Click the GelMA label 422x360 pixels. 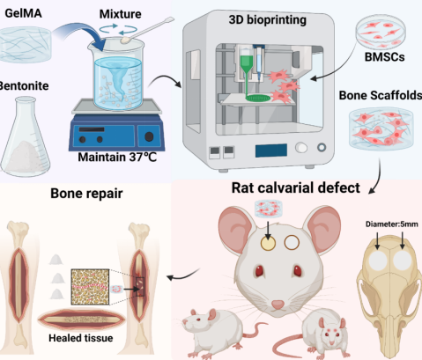pyautogui.click(x=23, y=13)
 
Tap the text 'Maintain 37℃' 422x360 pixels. pyautogui.click(x=117, y=157)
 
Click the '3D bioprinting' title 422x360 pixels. pyautogui.click(x=268, y=20)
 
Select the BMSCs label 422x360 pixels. pyautogui.click(x=384, y=57)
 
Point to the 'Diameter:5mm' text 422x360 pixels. pyautogui.click(x=392, y=224)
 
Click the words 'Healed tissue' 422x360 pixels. pyautogui.click(x=81, y=338)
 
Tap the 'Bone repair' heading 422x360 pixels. pyautogui.click(x=86, y=194)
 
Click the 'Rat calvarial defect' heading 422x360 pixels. pyautogui.click(x=296, y=187)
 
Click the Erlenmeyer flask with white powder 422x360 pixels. pyautogui.click(x=26, y=137)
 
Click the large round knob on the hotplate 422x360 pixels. pyautogui.click(x=149, y=136)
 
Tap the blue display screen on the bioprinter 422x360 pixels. pyautogui.click(x=271, y=151)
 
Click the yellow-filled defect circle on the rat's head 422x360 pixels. pyautogui.click(x=268, y=243)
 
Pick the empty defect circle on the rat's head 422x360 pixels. pyautogui.click(x=292, y=243)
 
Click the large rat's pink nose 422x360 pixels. pyautogui.click(x=278, y=305)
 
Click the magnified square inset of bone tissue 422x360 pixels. pyautogui.click(x=90, y=287)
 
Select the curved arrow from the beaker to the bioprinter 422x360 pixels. pyautogui.click(x=166, y=79)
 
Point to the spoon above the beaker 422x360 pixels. pyautogui.click(x=147, y=30)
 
